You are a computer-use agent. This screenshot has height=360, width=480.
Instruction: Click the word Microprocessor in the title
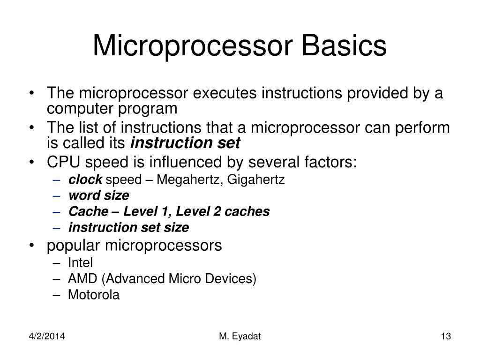point(191,45)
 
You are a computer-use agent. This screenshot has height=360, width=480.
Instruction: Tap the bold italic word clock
point(85,180)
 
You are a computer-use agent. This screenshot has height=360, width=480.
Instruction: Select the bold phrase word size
point(98,195)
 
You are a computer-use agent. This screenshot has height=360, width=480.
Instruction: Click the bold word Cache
point(87,211)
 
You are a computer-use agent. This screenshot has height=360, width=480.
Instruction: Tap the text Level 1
point(142,211)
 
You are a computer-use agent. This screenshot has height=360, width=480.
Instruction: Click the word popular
point(74,245)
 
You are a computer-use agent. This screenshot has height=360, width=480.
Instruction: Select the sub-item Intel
point(80,262)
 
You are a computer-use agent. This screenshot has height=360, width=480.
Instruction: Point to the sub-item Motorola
point(94,295)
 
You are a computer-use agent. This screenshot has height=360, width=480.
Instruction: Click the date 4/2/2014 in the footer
point(45,337)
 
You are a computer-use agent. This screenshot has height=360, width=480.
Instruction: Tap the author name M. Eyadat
point(240,337)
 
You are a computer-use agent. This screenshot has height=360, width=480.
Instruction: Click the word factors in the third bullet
point(331,162)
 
